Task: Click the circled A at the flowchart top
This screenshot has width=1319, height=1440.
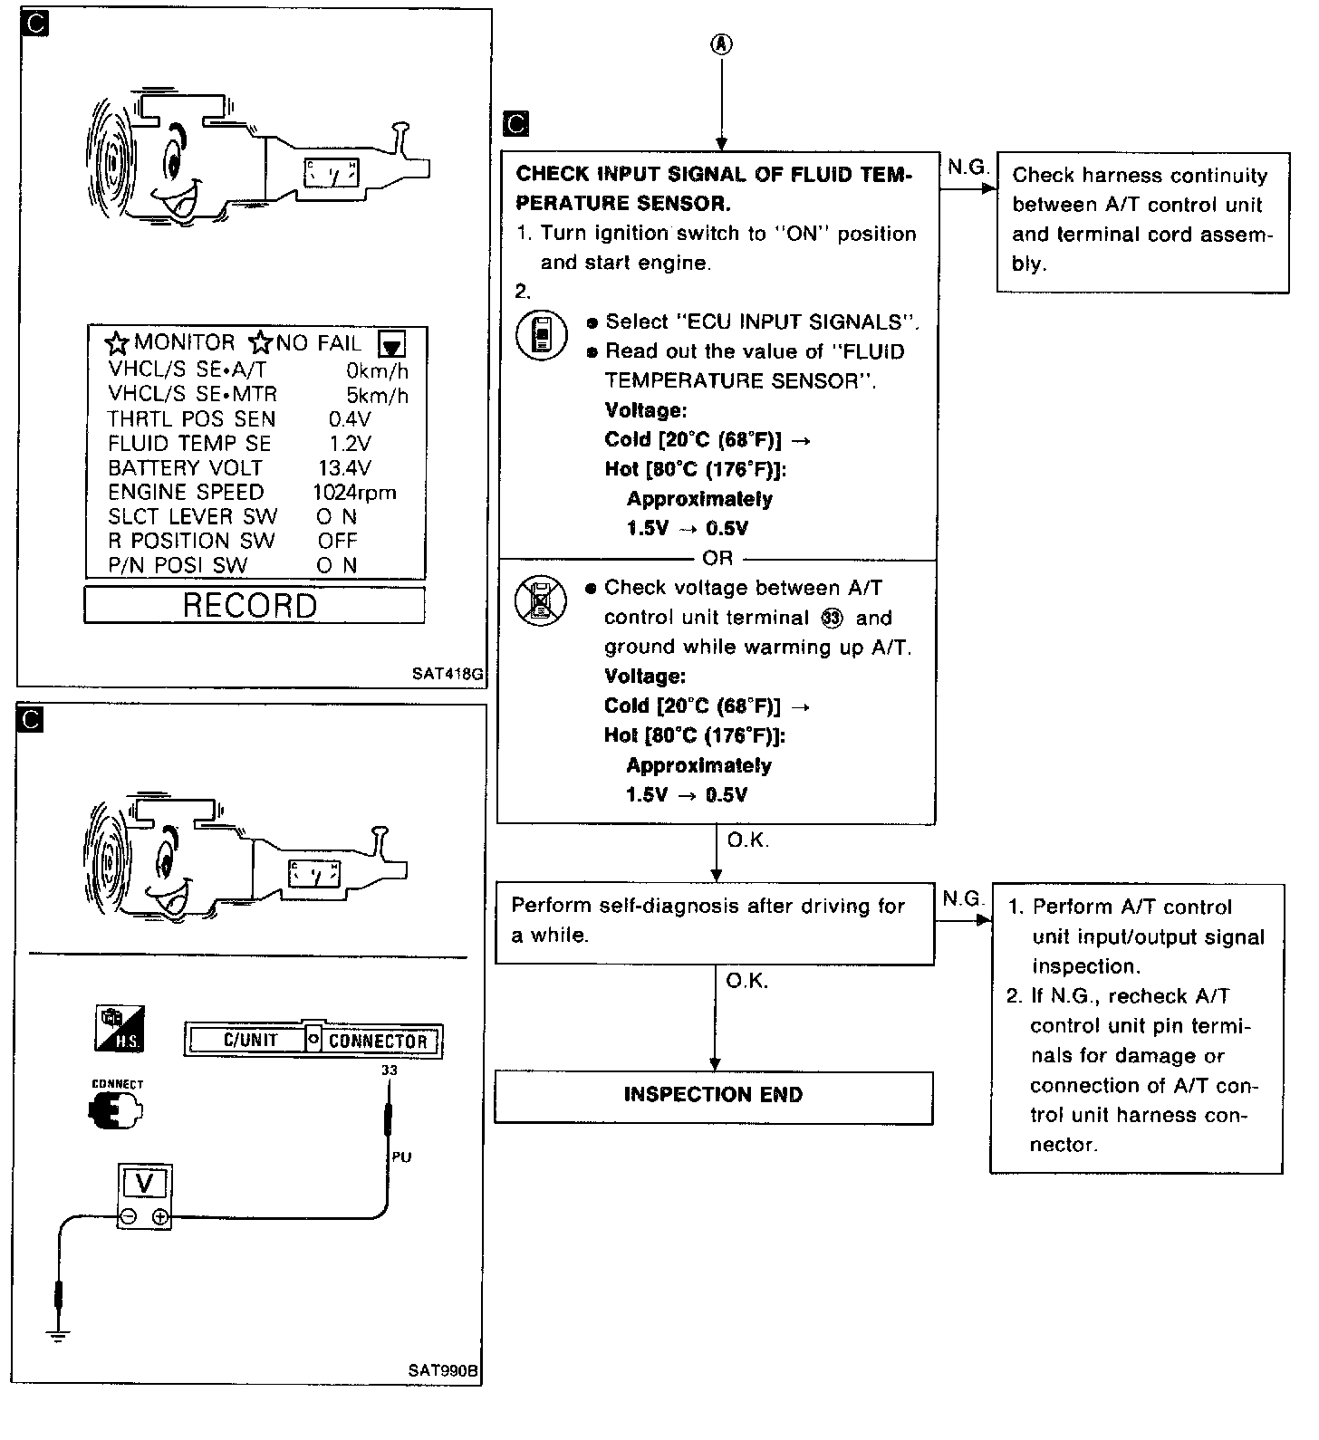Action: click(x=721, y=44)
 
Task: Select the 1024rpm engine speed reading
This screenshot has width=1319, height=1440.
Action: click(x=354, y=492)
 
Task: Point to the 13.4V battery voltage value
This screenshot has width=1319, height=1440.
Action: click(x=344, y=467)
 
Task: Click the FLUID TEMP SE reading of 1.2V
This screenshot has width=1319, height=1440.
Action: click(x=350, y=443)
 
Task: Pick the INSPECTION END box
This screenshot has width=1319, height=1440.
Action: click(x=713, y=1096)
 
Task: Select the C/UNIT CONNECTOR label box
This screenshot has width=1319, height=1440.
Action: click(x=313, y=1041)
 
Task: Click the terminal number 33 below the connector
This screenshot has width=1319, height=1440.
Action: click(x=390, y=1070)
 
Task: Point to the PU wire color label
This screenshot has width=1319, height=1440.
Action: click(x=401, y=1157)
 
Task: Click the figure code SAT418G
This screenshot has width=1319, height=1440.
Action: click(x=447, y=674)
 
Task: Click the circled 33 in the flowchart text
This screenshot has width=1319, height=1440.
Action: click(x=833, y=618)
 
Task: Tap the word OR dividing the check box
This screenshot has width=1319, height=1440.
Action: click(x=717, y=558)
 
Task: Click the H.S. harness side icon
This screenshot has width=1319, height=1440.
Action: click(x=120, y=1029)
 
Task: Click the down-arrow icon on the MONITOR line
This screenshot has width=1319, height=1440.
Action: click(x=392, y=344)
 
